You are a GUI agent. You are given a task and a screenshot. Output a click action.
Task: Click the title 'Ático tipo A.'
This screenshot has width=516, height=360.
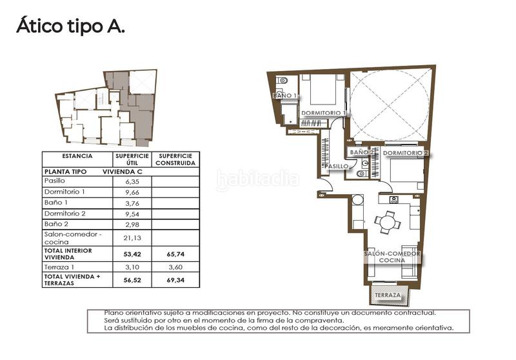click(x=70, y=26)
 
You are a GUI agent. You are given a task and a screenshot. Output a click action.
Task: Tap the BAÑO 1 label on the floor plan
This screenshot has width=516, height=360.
click(x=286, y=95)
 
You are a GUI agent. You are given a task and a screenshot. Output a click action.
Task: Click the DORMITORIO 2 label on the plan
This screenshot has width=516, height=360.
click(x=406, y=153)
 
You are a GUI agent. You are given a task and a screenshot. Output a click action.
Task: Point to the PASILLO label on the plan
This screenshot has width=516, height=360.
click(x=337, y=166)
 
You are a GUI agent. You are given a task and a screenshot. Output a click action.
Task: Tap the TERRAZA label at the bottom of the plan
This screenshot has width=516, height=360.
click(x=387, y=296)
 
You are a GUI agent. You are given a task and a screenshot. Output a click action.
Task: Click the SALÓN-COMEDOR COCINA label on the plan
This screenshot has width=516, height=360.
click(x=392, y=257)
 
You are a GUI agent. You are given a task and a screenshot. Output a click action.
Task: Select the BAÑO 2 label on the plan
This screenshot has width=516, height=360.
click(x=362, y=152)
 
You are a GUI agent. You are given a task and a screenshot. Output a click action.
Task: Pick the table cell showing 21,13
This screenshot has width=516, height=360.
click(x=132, y=237)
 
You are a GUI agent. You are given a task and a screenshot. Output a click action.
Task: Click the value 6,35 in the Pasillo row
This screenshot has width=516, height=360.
click(x=132, y=182)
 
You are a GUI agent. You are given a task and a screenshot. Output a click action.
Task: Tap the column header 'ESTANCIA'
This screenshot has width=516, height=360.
click(x=77, y=156)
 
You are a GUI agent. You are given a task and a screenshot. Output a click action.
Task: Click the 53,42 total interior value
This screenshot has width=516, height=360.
click(x=132, y=254)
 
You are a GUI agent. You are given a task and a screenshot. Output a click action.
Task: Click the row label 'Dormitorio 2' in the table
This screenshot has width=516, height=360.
click(x=64, y=213)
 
